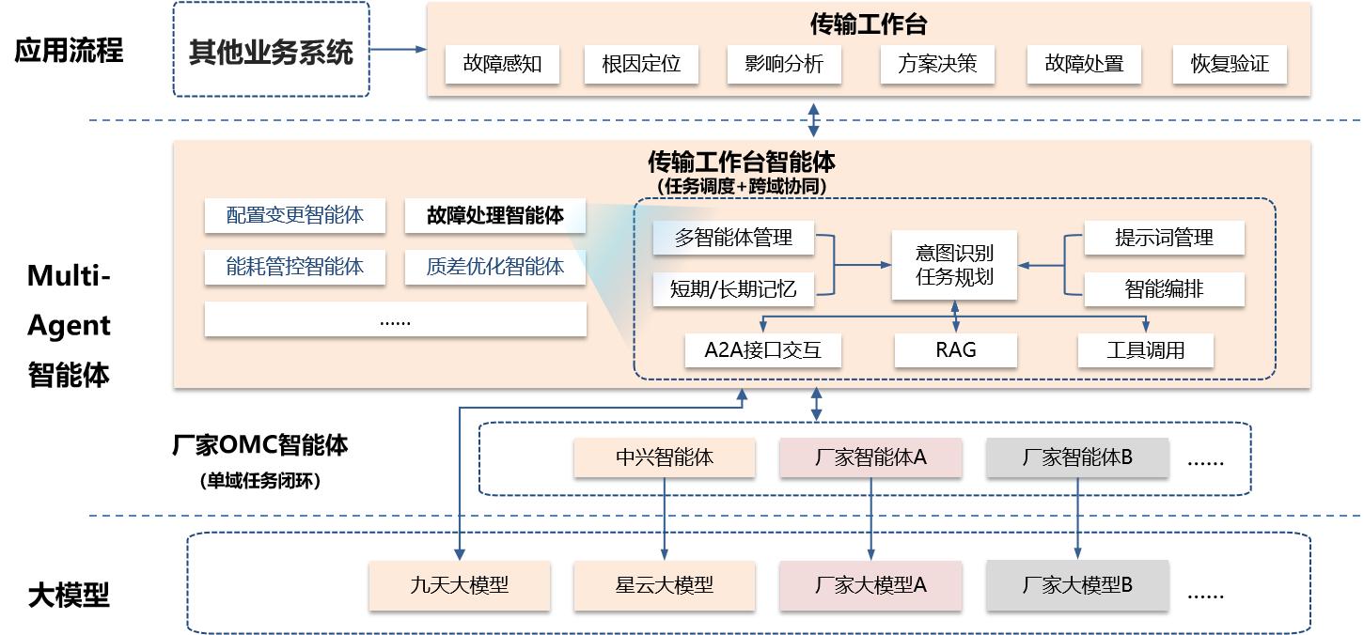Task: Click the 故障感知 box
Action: point(502,65)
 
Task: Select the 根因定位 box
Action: point(641,65)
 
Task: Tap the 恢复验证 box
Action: point(1230,65)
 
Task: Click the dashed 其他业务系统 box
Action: point(272,50)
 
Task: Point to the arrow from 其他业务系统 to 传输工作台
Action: point(398,50)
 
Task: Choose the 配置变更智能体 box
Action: point(294,216)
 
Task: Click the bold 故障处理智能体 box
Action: point(494,216)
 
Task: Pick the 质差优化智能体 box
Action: point(494,267)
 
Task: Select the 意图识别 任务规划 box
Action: point(954,265)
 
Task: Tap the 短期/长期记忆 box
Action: point(733,289)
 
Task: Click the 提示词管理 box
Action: point(1164,238)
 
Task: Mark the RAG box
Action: point(955,350)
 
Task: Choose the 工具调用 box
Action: point(1145,350)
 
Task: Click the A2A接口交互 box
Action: point(762,350)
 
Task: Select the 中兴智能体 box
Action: point(665,457)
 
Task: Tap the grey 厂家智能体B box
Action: point(1077,457)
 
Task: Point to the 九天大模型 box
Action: point(459,584)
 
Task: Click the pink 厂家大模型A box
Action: point(870,584)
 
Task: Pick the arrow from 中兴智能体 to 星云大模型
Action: point(665,517)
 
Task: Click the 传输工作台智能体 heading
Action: point(741,163)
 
